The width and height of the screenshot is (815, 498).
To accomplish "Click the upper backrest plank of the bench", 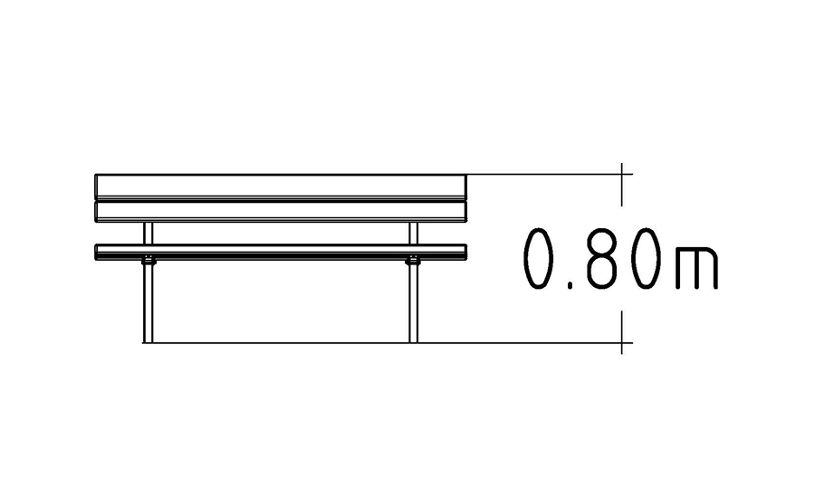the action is pos(281,187).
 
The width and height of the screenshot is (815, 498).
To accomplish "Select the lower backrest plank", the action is pos(281,211).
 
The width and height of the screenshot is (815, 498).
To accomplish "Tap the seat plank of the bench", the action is pos(281,252).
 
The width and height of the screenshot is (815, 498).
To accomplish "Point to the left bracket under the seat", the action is pos(149,261).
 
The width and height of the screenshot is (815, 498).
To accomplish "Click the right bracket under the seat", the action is pos(413,261).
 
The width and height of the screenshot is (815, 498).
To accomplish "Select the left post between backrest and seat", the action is pos(149,233).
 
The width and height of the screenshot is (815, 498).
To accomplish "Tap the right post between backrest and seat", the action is pos(413,233).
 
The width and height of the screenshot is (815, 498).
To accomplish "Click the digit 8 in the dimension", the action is pos(600,258).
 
